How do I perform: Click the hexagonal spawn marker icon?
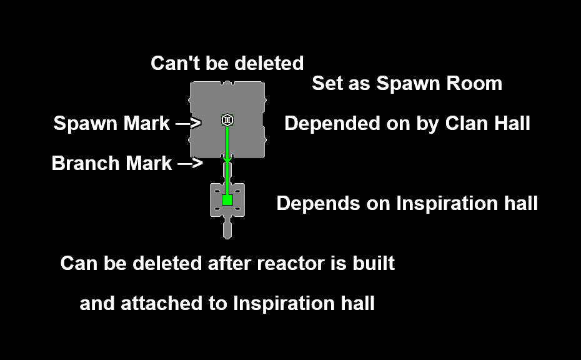click(x=227, y=120)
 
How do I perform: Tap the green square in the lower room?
click(x=227, y=200)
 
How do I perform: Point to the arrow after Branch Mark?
click(x=191, y=164)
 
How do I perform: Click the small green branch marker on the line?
click(x=227, y=161)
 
